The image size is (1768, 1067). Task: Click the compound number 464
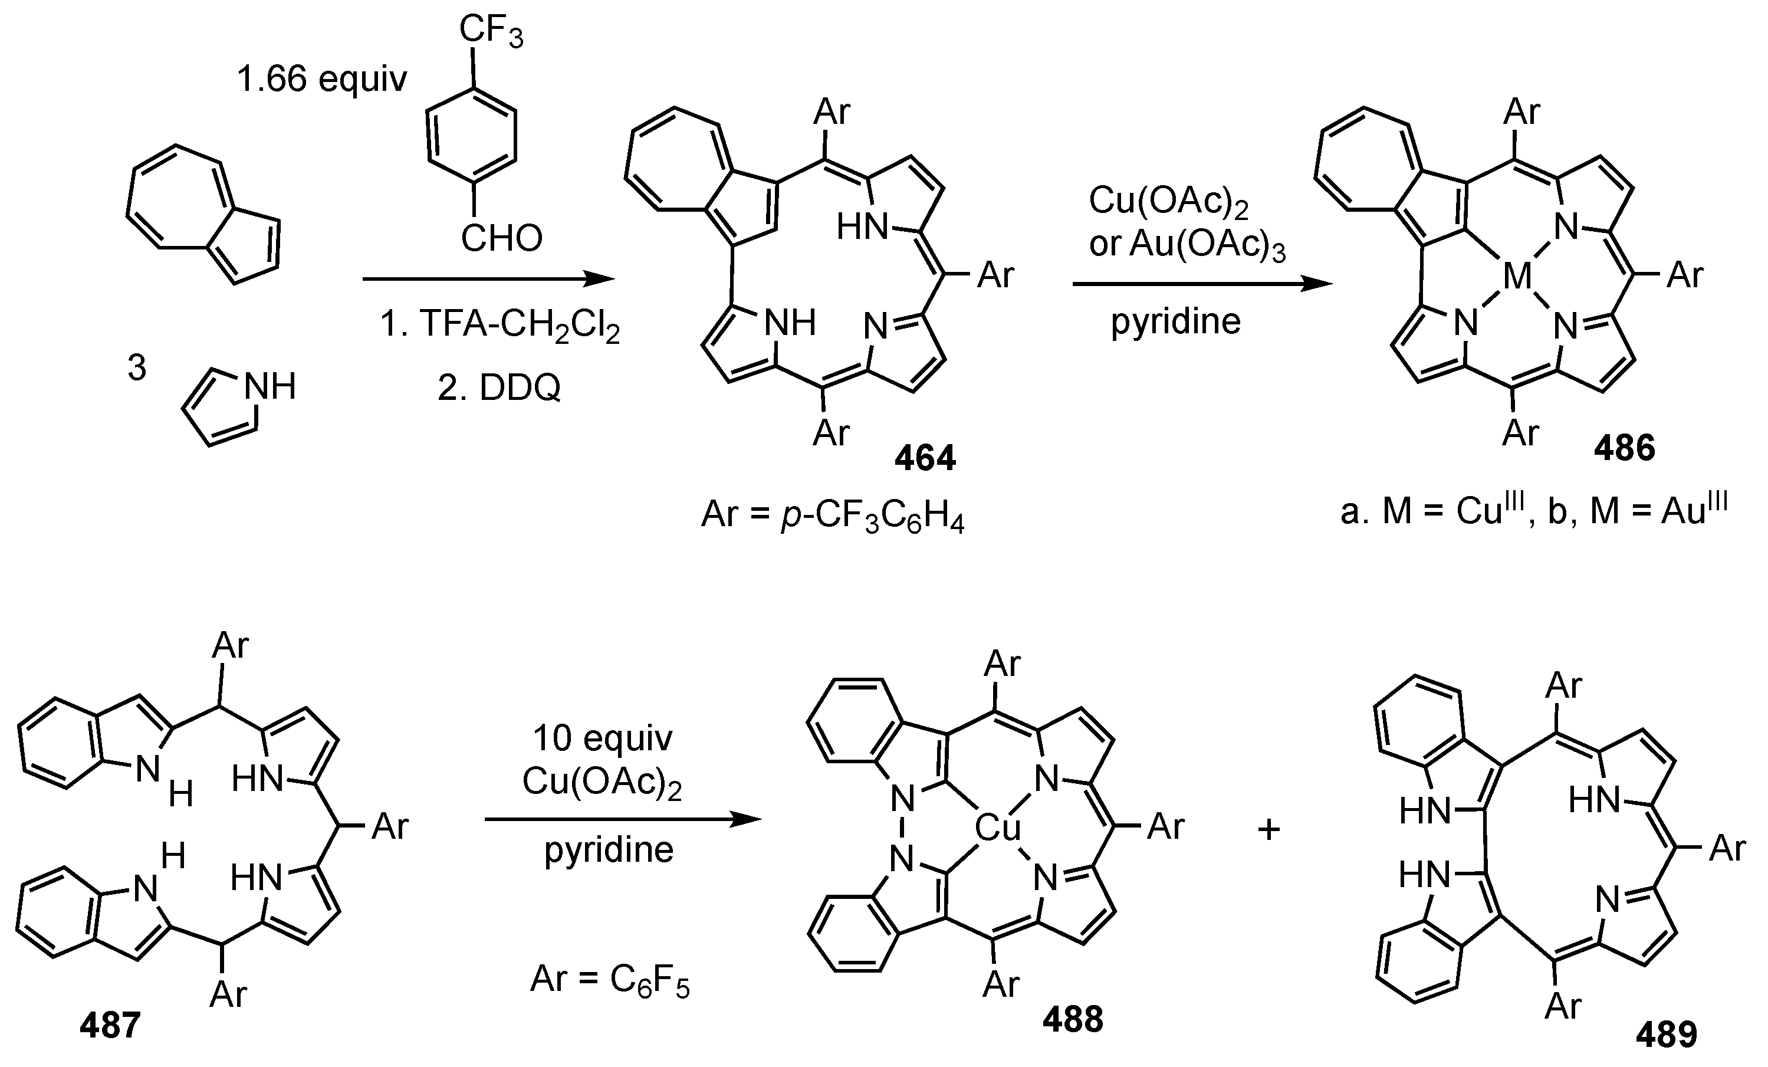925,458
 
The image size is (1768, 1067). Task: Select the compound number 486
1625,448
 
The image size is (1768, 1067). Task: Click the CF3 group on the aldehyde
491,33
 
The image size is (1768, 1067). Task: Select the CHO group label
501,238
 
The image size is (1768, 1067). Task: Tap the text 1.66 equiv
322,79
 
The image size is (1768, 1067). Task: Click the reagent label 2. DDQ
499,388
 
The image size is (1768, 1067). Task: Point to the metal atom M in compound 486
1517,275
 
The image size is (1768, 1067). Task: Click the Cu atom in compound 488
997,829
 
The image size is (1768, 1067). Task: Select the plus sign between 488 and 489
1269,829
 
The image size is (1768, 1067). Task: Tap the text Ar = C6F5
610,980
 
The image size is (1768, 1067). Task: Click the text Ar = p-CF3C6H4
832,516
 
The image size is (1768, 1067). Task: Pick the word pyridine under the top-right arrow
1176,321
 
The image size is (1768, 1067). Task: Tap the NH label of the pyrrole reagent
270,388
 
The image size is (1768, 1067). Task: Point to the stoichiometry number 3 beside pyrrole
136,368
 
